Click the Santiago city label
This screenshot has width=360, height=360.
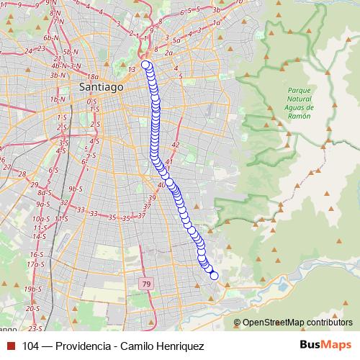(101, 86)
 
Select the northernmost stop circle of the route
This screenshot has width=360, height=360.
(146, 66)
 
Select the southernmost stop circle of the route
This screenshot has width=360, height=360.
(214, 275)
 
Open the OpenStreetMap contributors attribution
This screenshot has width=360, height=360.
(297, 323)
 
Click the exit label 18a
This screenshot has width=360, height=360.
(92, 76)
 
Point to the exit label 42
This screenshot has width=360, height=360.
(175, 145)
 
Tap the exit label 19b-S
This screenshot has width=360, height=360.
(32, 289)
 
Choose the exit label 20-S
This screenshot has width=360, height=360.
(32, 307)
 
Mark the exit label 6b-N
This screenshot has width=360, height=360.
(50, 37)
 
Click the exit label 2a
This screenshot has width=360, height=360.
(168, 53)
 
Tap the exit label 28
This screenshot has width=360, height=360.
(22, 174)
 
